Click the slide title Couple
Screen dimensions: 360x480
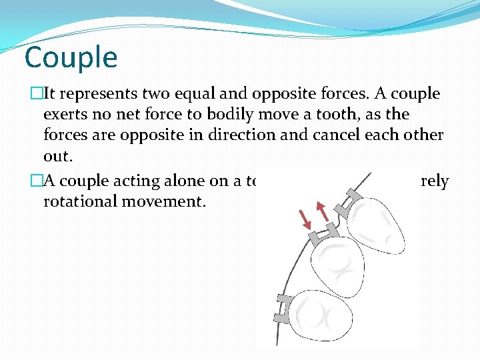coord(71,58)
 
